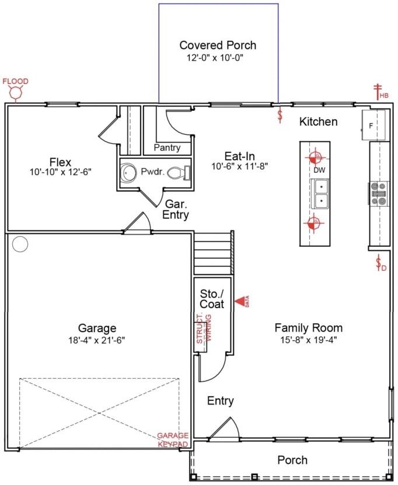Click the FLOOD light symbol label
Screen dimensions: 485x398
tap(15, 81)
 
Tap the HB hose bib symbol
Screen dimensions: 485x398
tap(380, 92)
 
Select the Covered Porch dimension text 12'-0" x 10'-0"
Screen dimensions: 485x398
tap(218, 58)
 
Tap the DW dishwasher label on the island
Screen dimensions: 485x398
tap(319, 170)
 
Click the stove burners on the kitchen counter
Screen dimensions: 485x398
tap(379, 194)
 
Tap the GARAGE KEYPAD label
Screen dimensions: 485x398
tap(173, 440)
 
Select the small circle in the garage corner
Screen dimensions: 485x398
tap(20, 244)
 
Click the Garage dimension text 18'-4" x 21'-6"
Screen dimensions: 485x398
tap(97, 340)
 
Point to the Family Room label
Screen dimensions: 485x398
tap(308, 328)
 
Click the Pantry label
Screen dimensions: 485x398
tap(167, 148)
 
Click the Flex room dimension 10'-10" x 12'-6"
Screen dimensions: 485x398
tap(61, 172)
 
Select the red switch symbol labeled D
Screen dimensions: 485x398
tap(380, 263)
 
